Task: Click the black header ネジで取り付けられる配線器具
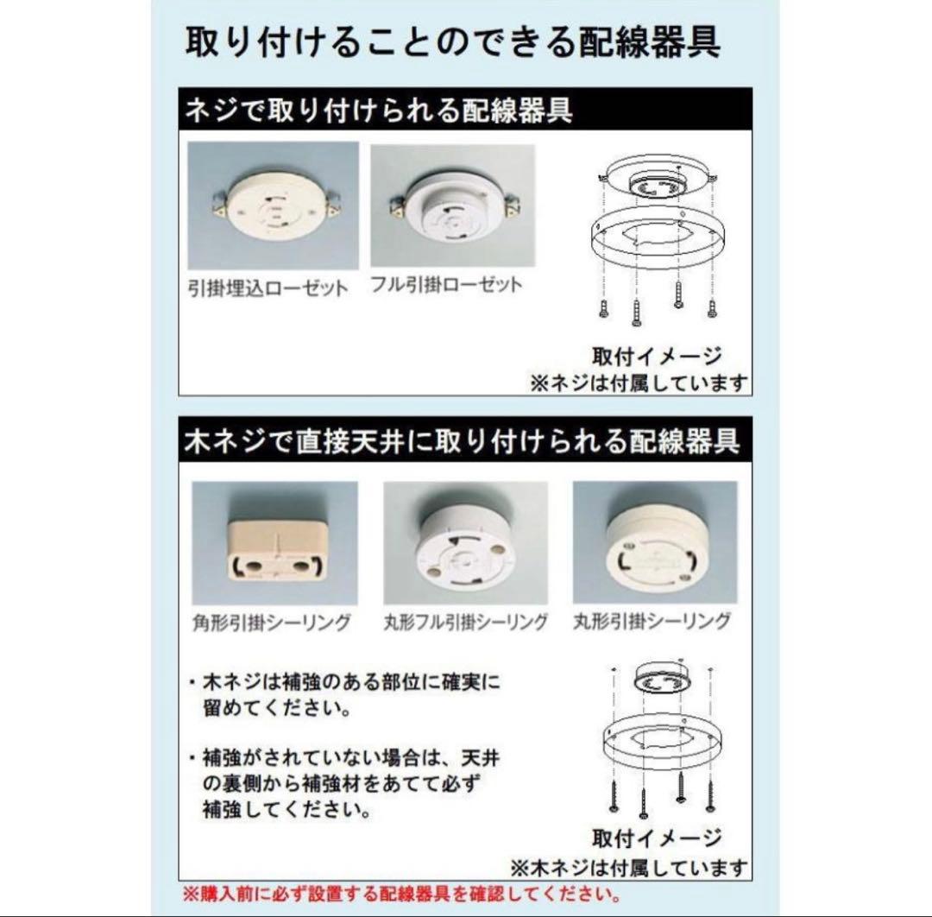(x=379, y=112)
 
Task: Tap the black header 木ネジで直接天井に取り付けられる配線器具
(x=462, y=441)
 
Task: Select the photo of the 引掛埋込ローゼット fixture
(x=273, y=206)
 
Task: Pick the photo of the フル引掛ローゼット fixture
(x=452, y=206)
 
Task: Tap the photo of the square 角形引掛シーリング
(x=274, y=542)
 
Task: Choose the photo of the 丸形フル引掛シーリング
(x=465, y=542)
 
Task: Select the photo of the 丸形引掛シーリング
(x=655, y=542)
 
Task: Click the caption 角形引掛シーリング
(x=270, y=622)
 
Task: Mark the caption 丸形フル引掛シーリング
(x=465, y=622)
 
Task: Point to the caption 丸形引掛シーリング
(x=652, y=621)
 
